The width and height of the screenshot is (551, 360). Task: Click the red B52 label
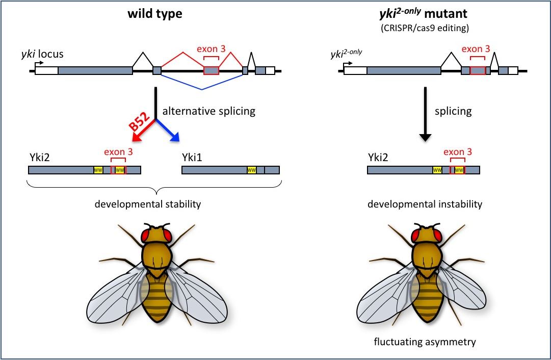(140, 122)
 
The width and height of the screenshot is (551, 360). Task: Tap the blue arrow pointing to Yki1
(168, 131)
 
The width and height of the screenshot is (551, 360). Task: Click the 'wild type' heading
(155, 14)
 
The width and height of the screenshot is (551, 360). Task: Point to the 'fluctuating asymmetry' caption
(425, 341)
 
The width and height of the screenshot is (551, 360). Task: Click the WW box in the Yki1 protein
(252, 170)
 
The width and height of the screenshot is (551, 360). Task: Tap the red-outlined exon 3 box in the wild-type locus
(211, 71)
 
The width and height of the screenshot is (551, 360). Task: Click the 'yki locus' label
(42, 54)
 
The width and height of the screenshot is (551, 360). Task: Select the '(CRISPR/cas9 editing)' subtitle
(425, 28)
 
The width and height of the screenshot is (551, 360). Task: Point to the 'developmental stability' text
(148, 204)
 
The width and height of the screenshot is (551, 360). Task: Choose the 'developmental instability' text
(425, 204)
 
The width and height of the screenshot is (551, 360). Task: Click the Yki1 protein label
(192, 157)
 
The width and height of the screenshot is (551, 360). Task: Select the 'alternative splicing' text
(209, 111)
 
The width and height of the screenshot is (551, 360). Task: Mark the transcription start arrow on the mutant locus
(348, 64)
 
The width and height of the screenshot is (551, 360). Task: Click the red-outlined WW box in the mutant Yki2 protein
(459, 170)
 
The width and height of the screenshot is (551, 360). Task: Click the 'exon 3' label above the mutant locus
(476, 49)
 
